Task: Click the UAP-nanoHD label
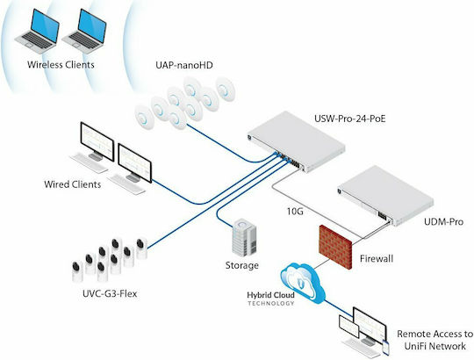pos(184,65)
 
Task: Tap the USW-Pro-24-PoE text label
pos(350,119)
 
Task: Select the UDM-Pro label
pos(443,222)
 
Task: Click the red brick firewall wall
pos(336,247)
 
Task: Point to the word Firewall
pos(377,259)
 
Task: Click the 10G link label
pos(295,212)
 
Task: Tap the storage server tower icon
pos(244,237)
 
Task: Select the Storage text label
pos(242,265)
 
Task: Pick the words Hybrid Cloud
pos(270,295)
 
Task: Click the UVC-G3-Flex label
pos(110,293)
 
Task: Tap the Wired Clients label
pos(73,184)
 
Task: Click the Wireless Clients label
pos(61,65)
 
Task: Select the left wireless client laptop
pos(37,31)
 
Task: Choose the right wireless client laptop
pos(84,31)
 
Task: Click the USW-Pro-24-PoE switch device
pos(297,141)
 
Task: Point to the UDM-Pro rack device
pos(385,195)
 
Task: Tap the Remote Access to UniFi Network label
pos(435,340)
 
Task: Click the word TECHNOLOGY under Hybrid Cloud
pos(271,304)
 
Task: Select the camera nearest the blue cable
pos(141,248)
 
